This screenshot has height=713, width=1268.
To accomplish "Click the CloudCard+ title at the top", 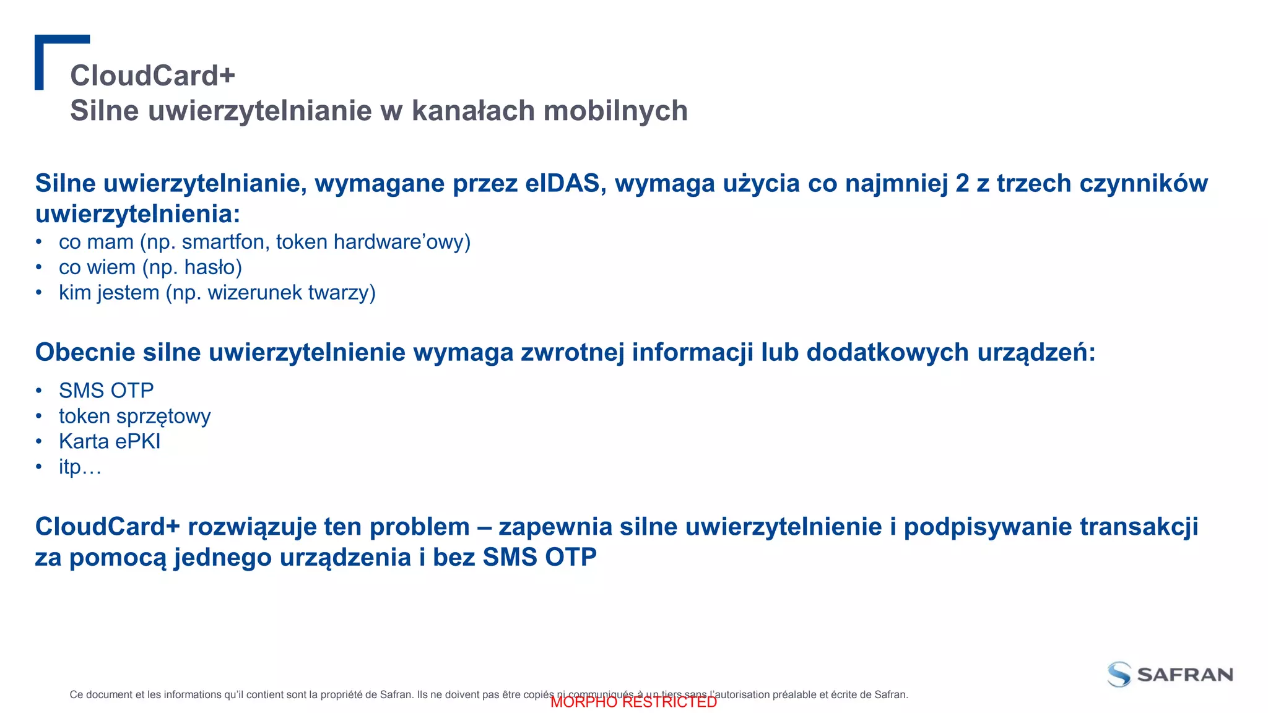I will pos(152,76).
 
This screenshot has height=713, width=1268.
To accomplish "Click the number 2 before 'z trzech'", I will pos(962,183).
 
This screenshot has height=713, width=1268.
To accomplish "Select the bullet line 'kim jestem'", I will pos(217,293).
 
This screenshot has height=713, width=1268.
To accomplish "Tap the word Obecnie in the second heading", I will pos(85,352).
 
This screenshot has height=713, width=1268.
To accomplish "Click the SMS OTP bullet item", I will pos(106,391).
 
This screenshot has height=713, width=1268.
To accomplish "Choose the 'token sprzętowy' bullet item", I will pos(134,416).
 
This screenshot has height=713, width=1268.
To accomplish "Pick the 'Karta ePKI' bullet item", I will pos(110,441).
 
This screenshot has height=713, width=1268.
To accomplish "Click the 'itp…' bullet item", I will pos(80,467).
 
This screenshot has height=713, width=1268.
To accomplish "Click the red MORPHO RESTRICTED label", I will pos(633,702).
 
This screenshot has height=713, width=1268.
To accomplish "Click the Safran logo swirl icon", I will pos(1119,674).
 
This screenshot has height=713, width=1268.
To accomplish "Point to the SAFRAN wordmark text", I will pos(1185,675).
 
